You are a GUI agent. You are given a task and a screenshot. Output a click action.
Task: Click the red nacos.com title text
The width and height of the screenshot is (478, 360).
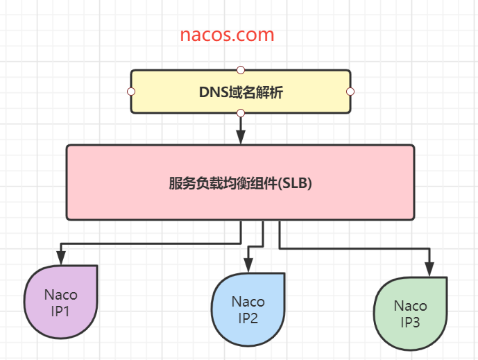point(227,35)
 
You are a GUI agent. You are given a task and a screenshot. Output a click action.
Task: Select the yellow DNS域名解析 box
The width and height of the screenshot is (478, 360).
point(240,91)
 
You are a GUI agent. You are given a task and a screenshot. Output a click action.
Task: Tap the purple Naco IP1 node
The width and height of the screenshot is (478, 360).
point(60,303)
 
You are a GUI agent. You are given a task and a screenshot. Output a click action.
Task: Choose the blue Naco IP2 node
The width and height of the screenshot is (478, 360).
point(248,310)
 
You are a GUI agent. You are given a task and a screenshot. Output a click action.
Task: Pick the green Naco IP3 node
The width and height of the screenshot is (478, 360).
point(411,314)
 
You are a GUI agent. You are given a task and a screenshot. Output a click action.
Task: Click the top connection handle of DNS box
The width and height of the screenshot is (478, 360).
point(240,69)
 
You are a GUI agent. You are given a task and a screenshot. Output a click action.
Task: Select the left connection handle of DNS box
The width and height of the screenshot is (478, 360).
point(130,92)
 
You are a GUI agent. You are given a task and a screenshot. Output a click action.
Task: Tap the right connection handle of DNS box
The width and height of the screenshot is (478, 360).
point(350,92)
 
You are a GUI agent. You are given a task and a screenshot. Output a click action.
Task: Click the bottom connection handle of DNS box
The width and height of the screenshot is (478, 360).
point(240,113)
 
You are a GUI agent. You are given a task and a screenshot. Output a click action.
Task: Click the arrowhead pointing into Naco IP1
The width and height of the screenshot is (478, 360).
point(61,259)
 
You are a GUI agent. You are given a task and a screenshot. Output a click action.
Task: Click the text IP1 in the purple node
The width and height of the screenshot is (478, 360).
point(60,311)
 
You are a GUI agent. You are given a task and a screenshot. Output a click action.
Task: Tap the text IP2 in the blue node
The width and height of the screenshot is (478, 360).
point(248,318)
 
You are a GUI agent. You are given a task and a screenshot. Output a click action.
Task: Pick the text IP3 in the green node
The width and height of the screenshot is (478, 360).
point(411,322)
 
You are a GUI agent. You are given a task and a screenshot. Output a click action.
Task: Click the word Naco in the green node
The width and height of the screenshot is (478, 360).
point(411,306)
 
